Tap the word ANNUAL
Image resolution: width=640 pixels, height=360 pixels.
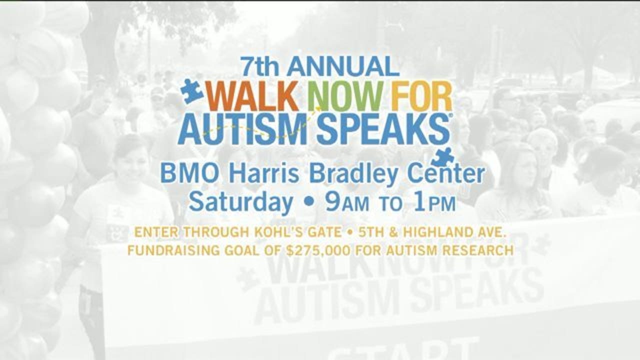343,66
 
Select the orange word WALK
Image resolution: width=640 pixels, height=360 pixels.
253,96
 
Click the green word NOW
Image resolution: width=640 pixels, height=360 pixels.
346,96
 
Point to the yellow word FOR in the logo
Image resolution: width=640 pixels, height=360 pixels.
421,96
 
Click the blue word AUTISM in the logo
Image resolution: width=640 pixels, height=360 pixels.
243,130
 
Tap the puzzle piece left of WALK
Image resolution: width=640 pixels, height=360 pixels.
191,91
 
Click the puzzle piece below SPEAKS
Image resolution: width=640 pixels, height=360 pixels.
443,157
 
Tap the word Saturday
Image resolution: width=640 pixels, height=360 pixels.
240,203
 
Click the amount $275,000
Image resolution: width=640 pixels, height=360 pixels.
318,250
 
